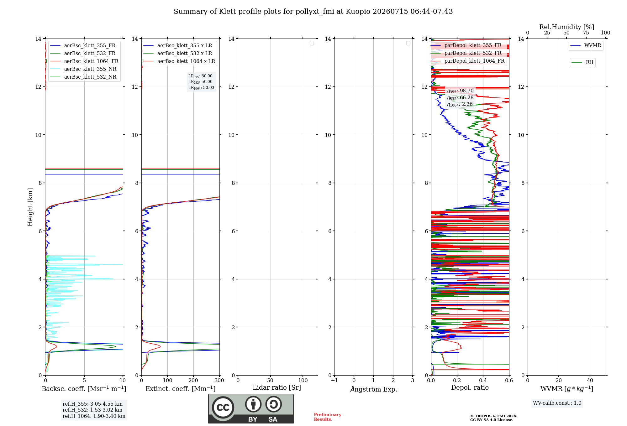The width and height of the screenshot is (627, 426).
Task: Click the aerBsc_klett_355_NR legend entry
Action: [x=83, y=69]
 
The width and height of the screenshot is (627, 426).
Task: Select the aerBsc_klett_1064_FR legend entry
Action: [x=84, y=61]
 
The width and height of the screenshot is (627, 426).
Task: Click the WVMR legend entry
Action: [x=586, y=45]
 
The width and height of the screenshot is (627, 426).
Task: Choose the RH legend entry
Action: [x=582, y=62]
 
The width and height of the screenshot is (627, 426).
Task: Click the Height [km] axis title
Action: [x=30, y=207]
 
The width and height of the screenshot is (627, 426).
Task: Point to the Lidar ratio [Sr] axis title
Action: [x=277, y=387]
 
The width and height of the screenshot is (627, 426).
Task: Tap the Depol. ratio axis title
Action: [x=470, y=387]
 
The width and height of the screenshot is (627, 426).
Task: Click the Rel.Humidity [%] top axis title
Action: [x=566, y=27]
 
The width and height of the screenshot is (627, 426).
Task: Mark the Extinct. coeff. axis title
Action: [x=181, y=389]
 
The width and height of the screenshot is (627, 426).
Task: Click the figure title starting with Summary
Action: [x=313, y=12]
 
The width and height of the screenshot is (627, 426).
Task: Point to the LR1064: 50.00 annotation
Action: [x=201, y=88]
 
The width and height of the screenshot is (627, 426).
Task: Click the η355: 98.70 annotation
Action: [x=460, y=91]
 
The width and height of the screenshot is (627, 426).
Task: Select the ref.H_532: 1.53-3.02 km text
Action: [x=92, y=410]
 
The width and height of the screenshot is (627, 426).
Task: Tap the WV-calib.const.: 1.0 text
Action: [x=557, y=403]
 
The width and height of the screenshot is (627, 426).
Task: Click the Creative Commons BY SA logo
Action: [x=251, y=408]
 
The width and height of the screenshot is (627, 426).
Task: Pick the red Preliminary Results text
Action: [x=327, y=417]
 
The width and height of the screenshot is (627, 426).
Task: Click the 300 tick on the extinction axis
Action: [x=219, y=380]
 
